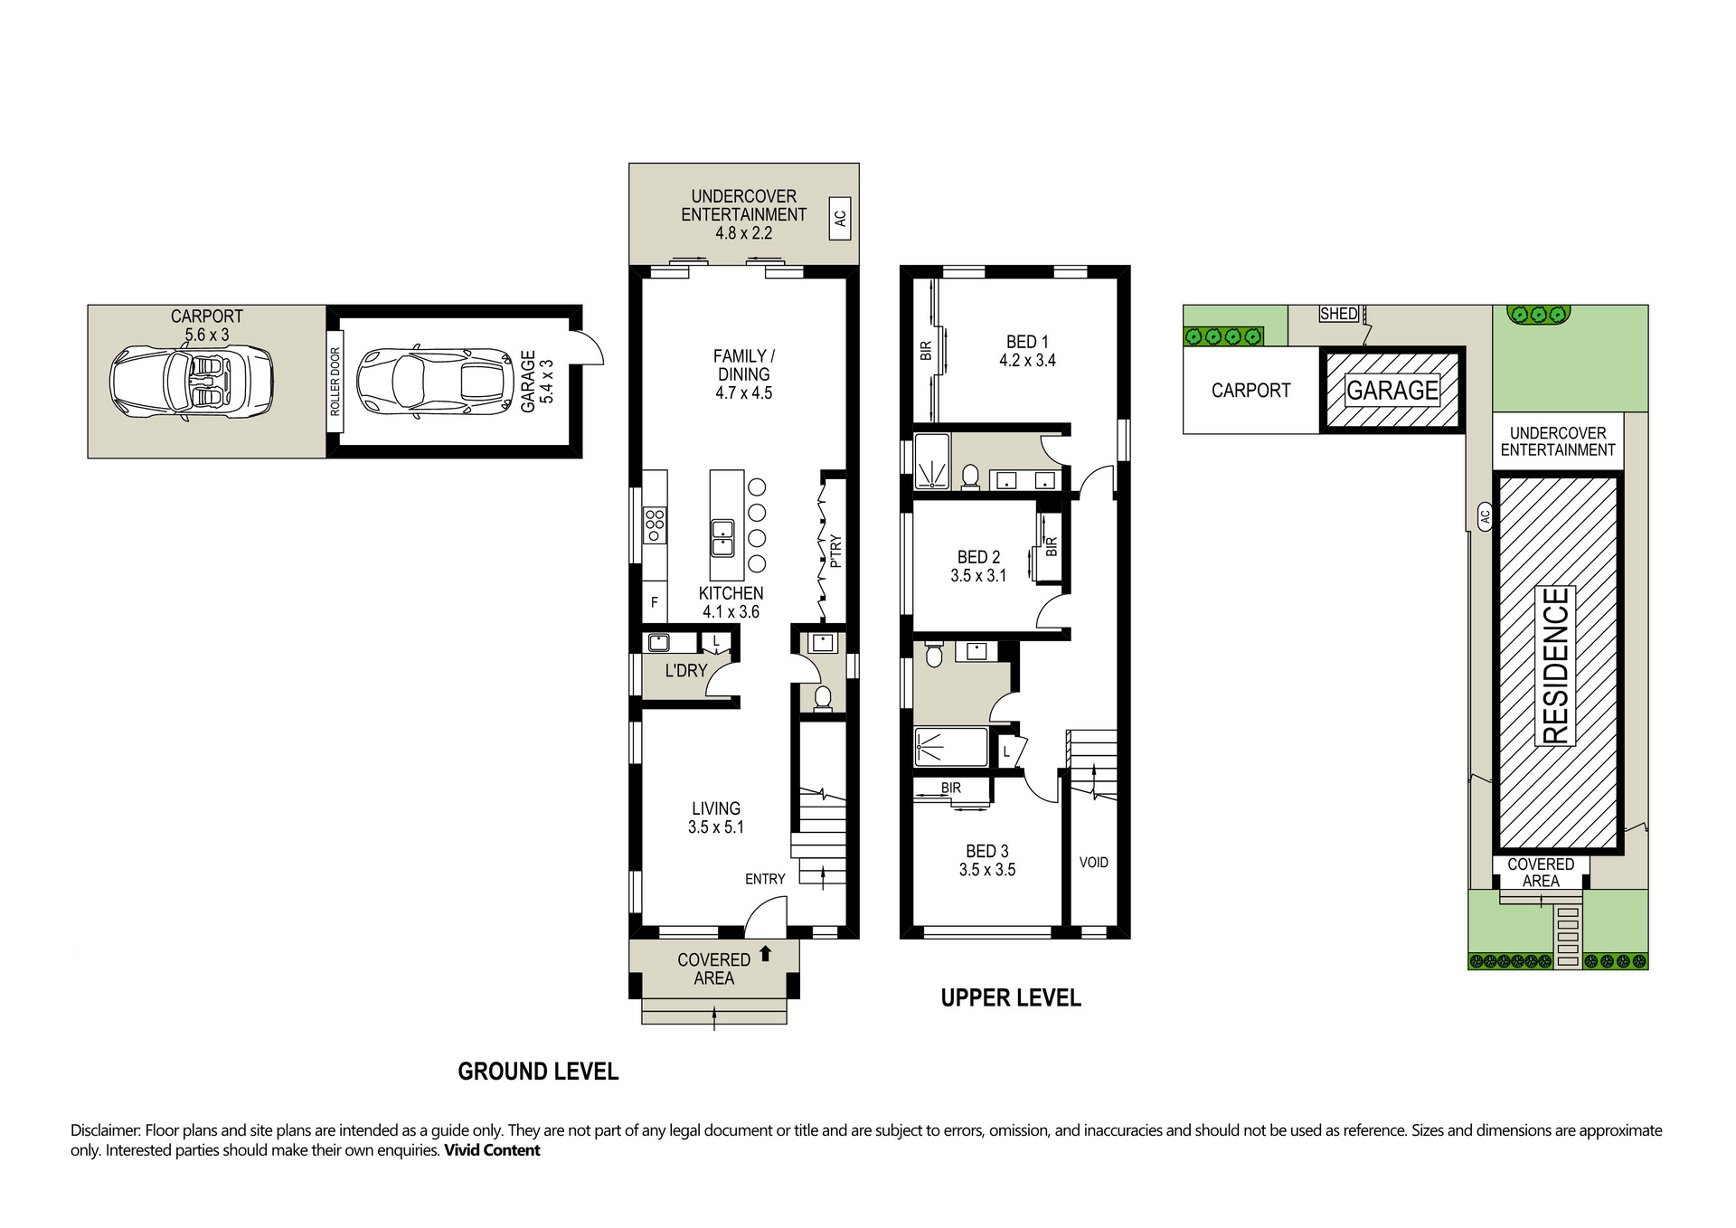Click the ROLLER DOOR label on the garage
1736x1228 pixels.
coord(335,382)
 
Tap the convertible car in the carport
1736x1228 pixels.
coord(191,383)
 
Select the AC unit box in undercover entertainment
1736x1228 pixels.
coord(840,219)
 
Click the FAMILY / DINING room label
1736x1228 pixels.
coord(744,374)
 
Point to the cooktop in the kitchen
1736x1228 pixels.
coord(655,525)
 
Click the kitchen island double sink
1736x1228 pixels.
coord(722,538)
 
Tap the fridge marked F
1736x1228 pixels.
coord(655,602)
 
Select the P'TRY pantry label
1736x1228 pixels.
coord(835,551)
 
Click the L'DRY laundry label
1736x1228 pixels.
coord(686,671)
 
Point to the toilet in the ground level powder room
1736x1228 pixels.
coord(823,699)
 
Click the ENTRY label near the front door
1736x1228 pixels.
coord(765,879)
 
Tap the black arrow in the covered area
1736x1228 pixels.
coord(766,953)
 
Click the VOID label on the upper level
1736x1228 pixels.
coord(1093,863)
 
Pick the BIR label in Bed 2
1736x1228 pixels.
coord(1052,547)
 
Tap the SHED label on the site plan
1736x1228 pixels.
coord(1338,314)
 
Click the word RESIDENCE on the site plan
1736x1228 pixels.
coord(1556,666)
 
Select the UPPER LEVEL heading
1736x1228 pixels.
coord(1011,998)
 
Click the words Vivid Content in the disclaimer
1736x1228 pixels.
coord(492,1150)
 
